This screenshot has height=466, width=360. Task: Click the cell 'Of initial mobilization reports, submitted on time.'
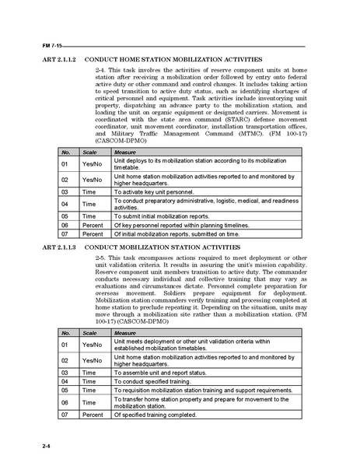(183, 233)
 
